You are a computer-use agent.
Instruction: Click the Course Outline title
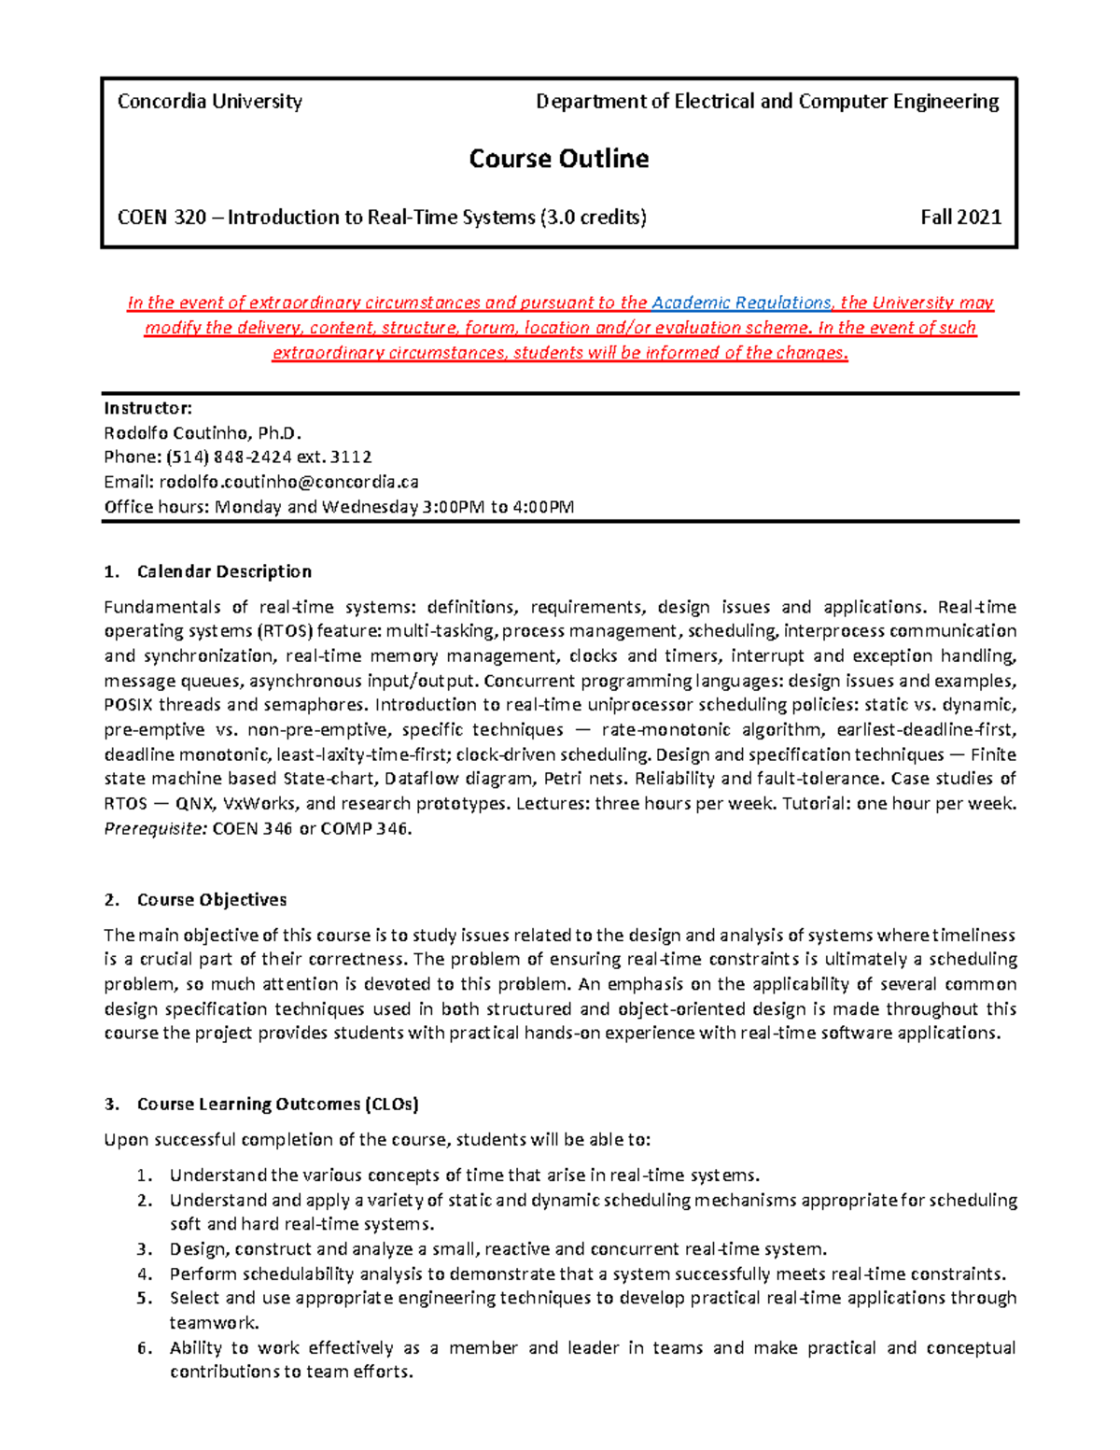click(x=558, y=159)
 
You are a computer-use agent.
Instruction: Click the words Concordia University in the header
click(x=209, y=102)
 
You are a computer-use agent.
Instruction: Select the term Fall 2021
click(x=960, y=218)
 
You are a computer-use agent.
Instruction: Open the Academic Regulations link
click(x=741, y=303)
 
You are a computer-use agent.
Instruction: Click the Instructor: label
click(x=147, y=408)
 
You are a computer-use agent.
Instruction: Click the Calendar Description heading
click(x=224, y=571)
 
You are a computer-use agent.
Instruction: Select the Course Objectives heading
click(x=212, y=900)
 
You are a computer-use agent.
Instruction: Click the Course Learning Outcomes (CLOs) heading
click(x=277, y=1105)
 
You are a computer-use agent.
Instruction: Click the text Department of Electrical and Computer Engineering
click(x=766, y=102)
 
